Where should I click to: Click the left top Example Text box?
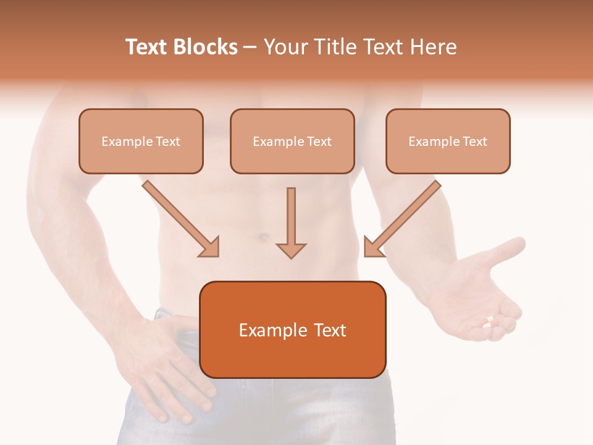tap(141, 141)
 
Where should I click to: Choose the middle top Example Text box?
tap(292, 141)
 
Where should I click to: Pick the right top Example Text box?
tap(448, 141)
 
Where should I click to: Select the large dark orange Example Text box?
tap(292, 330)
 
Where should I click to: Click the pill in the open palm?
tap(490, 321)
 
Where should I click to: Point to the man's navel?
tap(263, 237)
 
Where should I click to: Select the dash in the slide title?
tap(250, 48)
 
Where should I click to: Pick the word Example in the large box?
tap(272, 331)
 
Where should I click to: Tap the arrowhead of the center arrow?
tap(291, 250)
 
